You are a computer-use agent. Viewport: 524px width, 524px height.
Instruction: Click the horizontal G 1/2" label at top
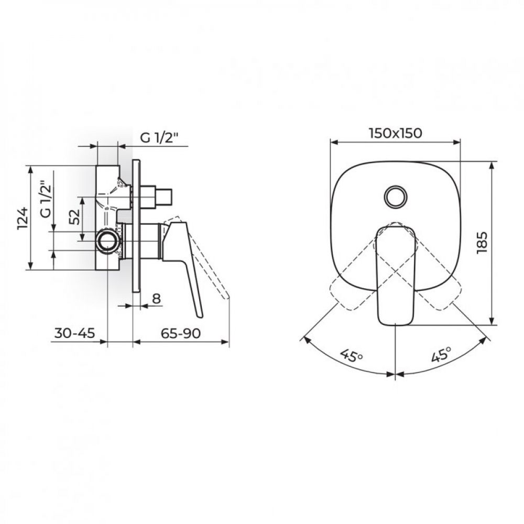pos(160,138)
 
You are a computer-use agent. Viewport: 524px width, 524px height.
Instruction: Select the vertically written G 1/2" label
pos(46,199)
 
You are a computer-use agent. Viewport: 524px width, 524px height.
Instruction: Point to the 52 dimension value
pos(74,217)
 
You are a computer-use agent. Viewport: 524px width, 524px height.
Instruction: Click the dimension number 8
pos(155,299)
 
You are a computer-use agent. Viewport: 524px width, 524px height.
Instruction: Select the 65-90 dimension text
pos(181,334)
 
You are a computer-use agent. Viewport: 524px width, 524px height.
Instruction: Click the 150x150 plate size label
pos(395,133)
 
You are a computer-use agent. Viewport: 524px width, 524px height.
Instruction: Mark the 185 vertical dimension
pos(483,243)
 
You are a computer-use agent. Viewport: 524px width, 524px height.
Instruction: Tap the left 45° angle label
pos(351,356)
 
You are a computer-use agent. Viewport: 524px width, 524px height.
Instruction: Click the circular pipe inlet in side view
pos(108,241)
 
